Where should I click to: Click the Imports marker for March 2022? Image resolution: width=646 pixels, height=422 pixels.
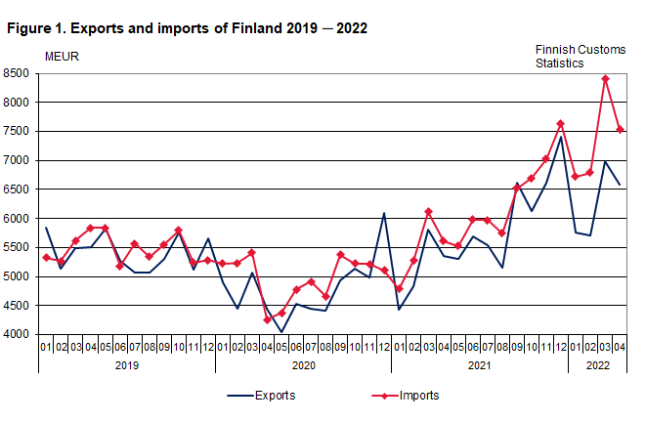coord(606,78)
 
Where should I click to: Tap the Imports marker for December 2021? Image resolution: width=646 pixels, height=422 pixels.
coord(561,123)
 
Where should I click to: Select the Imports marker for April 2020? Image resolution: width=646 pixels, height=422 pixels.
coord(267,319)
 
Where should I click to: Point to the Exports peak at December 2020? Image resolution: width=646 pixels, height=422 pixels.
coord(384,213)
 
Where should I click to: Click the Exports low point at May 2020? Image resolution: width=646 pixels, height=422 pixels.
coord(281,332)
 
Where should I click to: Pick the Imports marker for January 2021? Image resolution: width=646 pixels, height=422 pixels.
coord(399,289)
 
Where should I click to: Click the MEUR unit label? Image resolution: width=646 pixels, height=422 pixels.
coord(63,56)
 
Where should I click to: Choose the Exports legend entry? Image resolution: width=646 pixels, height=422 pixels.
coord(261,397)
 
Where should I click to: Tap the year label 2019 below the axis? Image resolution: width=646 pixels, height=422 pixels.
coord(127,365)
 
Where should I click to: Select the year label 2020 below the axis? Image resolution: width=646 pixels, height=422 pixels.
coord(303,365)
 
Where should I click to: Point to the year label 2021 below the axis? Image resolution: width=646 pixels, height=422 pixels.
coord(479,365)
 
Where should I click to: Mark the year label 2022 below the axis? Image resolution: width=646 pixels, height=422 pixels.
coord(597,365)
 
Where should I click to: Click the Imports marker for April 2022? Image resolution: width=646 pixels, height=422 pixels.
coord(621,129)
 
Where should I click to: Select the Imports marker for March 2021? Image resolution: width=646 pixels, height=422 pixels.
coord(428,211)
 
